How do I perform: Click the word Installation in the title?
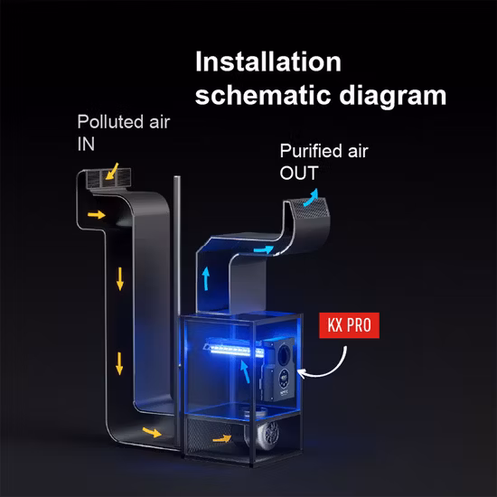(268, 61)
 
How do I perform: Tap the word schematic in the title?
(263, 95)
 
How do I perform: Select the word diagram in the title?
(393, 97)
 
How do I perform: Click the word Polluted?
(110, 122)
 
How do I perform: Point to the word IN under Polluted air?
(86, 144)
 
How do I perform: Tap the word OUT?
(299, 173)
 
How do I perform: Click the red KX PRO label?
(349, 325)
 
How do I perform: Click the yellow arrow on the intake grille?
(112, 172)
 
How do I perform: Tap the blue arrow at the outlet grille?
(311, 198)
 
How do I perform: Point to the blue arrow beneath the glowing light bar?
(244, 371)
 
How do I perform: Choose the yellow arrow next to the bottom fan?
(222, 438)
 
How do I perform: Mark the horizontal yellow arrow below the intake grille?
(97, 214)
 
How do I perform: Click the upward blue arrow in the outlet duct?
(206, 278)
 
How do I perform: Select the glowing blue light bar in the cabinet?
(233, 349)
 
